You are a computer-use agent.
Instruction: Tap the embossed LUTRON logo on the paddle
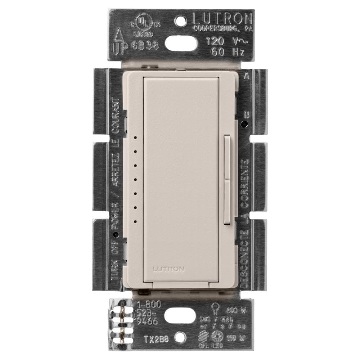169,269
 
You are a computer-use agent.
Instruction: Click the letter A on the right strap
247,76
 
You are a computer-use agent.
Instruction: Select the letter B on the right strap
247,115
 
